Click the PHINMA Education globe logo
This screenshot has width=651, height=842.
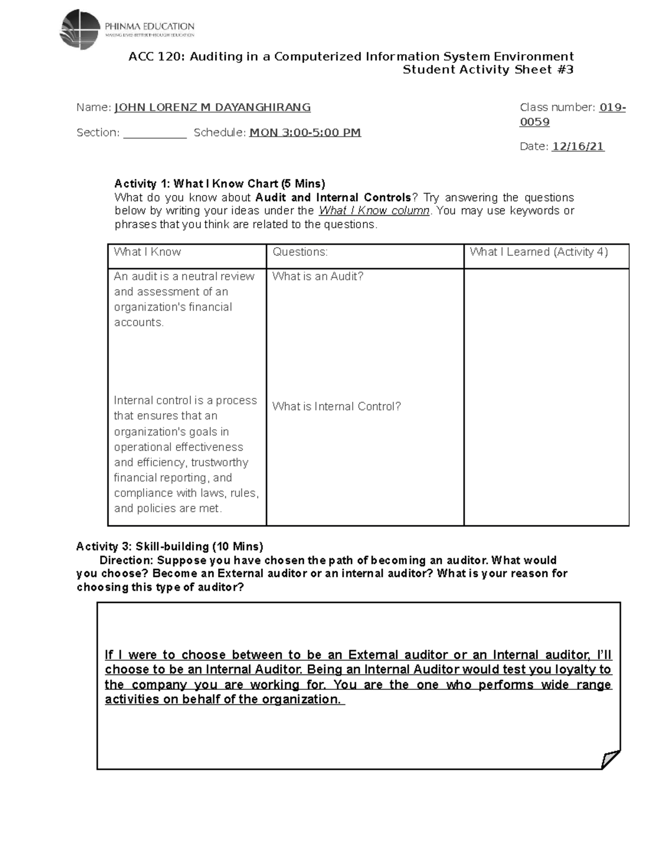tap(80, 29)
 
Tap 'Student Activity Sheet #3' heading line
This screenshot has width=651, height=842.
tap(487, 69)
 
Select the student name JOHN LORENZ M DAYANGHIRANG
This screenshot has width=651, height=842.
tap(212, 107)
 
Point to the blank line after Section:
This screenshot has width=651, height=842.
tap(155, 133)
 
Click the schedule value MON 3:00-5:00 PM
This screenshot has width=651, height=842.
tap(304, 133)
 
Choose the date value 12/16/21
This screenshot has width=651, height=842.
tap(578, 146)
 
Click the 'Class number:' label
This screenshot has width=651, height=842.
tap(557, 107)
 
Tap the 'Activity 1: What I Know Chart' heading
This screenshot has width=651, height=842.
tap(219, 183)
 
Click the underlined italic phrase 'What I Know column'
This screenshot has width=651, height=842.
tap(373, 211)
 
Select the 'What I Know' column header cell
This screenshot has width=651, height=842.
tap(148, 252)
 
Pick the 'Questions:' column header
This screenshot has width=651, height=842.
tap(300, 252)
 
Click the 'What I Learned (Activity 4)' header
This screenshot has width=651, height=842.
tap(538, 252)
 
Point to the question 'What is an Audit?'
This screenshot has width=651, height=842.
tap(318, 277)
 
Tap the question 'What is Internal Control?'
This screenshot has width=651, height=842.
tap(336, 407)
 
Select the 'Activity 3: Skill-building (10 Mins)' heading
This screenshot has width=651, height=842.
tap(169, 546)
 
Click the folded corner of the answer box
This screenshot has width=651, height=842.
tap(610, 759)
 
